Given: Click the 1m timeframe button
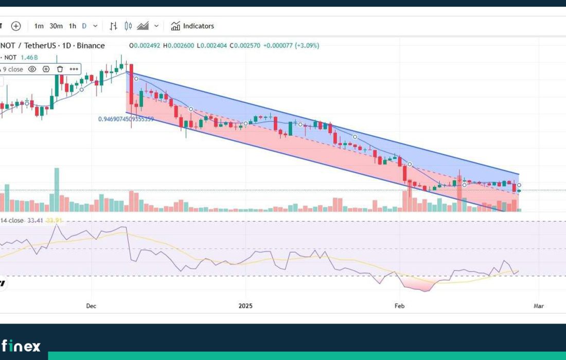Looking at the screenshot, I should coord(39,26).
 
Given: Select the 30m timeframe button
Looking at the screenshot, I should coord(56,26).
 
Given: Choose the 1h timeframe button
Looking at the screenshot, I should coord(73,26).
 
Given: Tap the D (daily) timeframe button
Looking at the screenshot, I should coord(84,26).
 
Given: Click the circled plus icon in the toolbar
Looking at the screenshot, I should coord(16,26).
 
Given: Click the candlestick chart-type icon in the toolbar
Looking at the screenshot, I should coord(129,26).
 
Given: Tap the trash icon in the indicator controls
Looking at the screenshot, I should coord(60,69).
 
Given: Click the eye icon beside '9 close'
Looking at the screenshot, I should coord(32,69).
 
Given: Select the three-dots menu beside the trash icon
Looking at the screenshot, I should coord(74,69).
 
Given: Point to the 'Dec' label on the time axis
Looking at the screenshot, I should coord(91,306).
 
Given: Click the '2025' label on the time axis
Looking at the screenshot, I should coord(246,306).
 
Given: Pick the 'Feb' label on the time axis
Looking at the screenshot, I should coord(399,306).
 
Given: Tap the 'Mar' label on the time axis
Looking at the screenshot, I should coord(539,306).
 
